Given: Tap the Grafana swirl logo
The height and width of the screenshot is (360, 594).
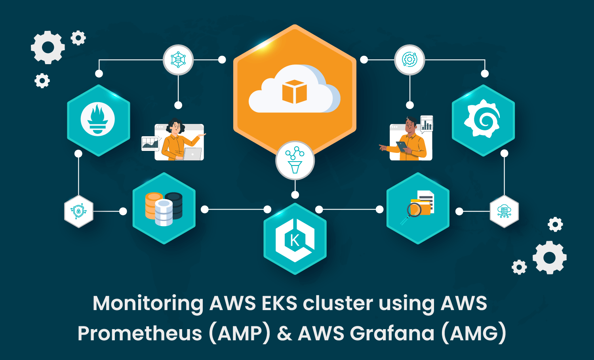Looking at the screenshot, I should point(483,119).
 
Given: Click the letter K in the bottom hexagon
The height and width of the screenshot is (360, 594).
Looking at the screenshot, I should point(295,240).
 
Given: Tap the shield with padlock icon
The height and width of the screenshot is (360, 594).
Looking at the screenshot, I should point(78,211).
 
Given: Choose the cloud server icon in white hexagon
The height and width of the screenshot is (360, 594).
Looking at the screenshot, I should point(504,211).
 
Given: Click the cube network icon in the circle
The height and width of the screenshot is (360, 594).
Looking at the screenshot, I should point(178,60).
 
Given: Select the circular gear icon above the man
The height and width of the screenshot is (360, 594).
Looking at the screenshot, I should point(409,60).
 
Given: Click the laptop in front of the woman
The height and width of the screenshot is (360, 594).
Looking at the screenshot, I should point(192,154).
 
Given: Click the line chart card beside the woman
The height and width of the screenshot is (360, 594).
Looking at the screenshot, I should point(150,143).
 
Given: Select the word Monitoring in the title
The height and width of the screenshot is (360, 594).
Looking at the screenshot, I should point(148,304).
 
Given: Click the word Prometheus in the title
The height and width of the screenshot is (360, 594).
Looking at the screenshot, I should point(140,333).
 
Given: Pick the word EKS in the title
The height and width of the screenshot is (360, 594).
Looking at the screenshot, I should point(279,304).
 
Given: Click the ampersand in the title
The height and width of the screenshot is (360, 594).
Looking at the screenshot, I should point(284,333).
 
